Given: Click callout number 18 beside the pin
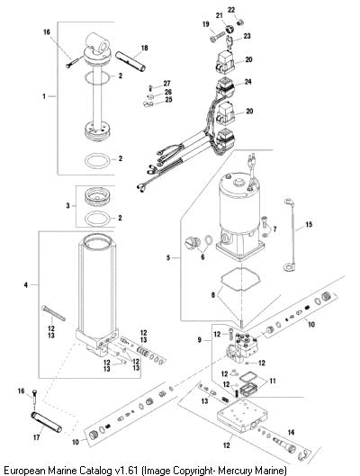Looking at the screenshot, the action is pyautogui.click(x=144, y=48).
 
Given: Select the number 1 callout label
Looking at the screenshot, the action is pyautogui.click(x=44, y=96).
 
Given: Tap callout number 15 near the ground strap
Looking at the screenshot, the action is pyautogui.click(x=309, y=224).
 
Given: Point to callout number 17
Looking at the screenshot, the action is pyautogui.click(x=36, y=437).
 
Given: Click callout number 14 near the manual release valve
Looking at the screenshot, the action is pyautogui.click(x=291, y=432).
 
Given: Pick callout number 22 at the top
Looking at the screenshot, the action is pyautogui.click(x=231, y=10).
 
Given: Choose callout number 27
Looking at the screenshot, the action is pyautogui.click(x=166, y=83).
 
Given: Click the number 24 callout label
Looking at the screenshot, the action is pyautogui.click(x=248, y=82).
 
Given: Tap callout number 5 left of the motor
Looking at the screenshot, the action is pyautogui.click(x=168, y=257).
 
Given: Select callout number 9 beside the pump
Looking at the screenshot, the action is pyautogui.click(x=199, y=340).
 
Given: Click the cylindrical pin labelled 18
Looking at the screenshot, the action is pyautogui.click(x=130, y=61).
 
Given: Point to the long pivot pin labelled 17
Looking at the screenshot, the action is pyautogui.click(x=47, y=422).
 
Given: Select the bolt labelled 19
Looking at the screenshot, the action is pyautogui.click(x=217, y=37).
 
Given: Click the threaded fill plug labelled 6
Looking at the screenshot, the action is pyautogui.click(x=193, y=243).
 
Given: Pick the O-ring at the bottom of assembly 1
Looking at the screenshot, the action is pyautogui.click(x=97, y=161).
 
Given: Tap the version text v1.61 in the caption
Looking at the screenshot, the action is pyautogui.click(x=127, y=471).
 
